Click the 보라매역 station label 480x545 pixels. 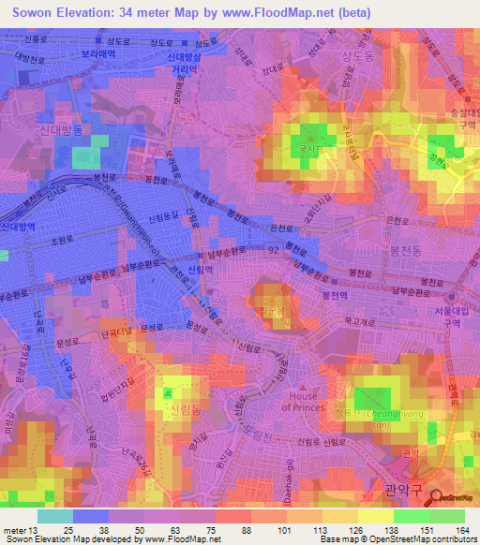click(97, 55)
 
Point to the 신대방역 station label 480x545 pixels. click(18, 228)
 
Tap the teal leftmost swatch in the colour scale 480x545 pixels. click(55, 516)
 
